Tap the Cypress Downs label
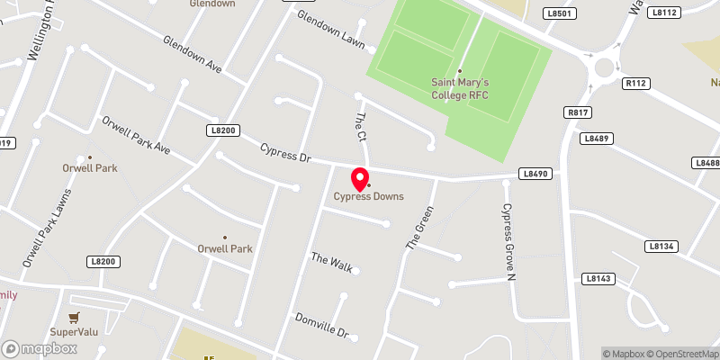(x=369, y=196)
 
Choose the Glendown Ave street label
(x=193, y=55)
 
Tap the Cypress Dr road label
(x=284, y=152)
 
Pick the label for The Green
(x=419, y=228)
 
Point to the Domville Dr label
(x=321, y=325)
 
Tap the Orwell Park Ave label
(x=136, y=134)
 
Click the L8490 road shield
(x=533, y=172)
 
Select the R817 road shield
(x=578, y=112)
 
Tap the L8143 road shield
(x=597, y=279)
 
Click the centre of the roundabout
(x=602, y=66)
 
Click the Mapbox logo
(x=38, y=347)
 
